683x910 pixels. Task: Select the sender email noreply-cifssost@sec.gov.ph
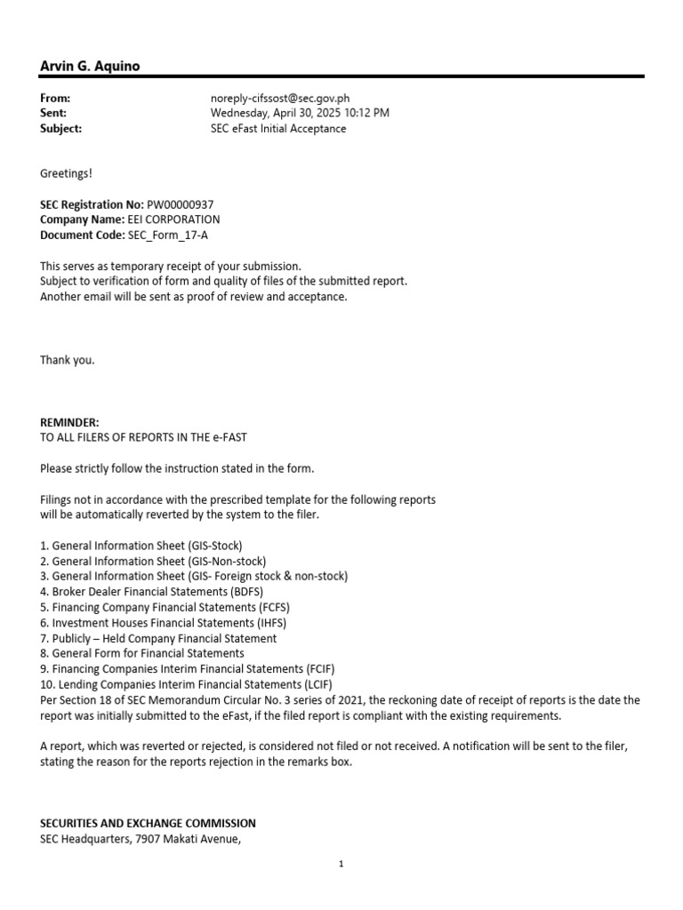285,99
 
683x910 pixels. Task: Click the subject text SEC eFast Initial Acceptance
278,128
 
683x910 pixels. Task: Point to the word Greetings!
66,172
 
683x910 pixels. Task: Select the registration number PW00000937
174,204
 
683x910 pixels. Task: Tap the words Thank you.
67,360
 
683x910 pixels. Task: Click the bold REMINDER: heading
70,422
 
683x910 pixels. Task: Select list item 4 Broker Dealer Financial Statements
151,591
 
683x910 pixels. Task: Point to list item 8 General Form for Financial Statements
142,653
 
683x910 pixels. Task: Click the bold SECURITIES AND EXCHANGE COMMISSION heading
148,823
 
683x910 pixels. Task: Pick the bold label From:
55,99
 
